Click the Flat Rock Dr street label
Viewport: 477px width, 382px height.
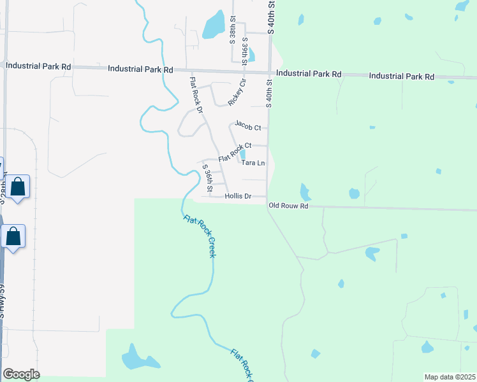pyautogui.click(x=195, y=95)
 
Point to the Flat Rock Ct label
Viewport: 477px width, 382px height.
pyautogui.click(x=235, y=152)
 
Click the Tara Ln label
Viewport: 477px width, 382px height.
pyautogui.click(x=253, y=163)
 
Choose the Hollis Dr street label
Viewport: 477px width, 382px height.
pyautogui.click(x=238, y=197)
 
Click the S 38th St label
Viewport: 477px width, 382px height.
pyautogui.click(x=233, y=26)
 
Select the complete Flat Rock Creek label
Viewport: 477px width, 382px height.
pyautogui.click(x=199, y=236)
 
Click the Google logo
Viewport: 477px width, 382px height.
pyautogui.click(x=21, y=374)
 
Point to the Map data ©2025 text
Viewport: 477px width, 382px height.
pyautogui.click(x=450, y=377)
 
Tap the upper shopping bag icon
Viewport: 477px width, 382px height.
pyautogui.click(x=18, y=187)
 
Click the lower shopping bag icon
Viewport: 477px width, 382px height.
pyautogui.click(x=13, y=236)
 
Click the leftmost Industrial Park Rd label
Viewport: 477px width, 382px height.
pyautogui.click(x=38, y=66)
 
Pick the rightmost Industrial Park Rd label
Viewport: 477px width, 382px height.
pyautogui.click(x=401, y=76)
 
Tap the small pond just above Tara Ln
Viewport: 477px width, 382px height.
pyautogui.click(x=242, y=154)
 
